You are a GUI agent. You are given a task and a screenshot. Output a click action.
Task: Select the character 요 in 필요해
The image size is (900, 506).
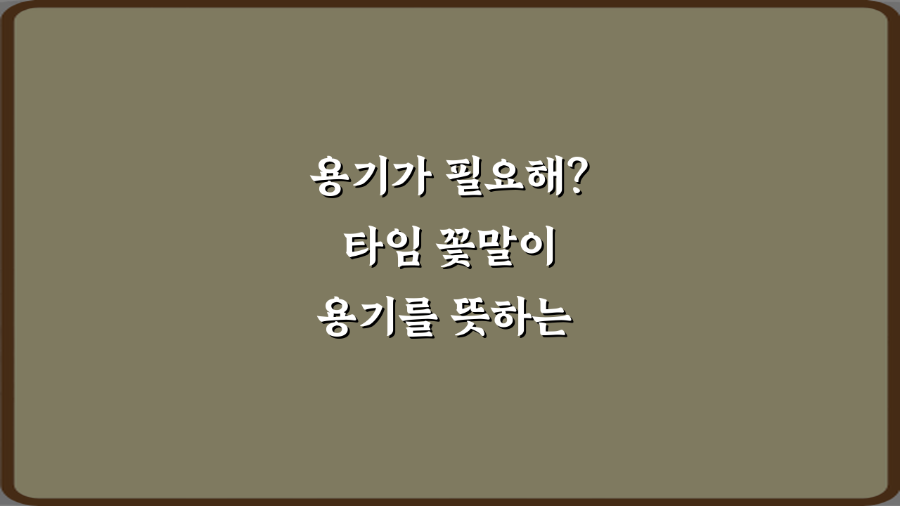point(508,180)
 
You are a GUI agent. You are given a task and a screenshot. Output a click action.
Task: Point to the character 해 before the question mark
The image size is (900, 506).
point(547,179)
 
